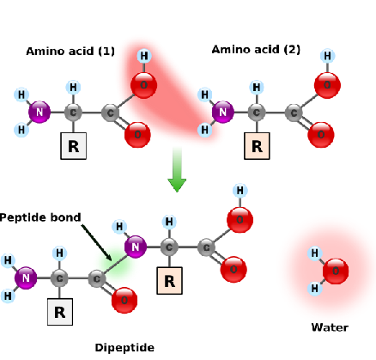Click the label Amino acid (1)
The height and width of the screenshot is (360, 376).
(70, 52)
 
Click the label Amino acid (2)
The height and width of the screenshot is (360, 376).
(256, 50)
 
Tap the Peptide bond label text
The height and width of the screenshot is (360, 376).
(40, 217)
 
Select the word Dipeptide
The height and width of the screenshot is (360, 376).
(124, 348)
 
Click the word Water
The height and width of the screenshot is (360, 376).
(330, 327)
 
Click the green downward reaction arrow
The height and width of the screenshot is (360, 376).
(177, 169)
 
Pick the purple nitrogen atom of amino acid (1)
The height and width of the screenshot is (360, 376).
(39, 112)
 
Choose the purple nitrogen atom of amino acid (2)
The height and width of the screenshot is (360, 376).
(222, 112)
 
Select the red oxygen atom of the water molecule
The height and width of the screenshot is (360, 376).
(336, 272)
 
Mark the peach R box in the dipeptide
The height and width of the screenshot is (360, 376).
(170, 280)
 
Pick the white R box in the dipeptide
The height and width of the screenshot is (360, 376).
(59, 311)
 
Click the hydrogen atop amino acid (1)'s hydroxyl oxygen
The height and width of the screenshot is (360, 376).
(143, 57)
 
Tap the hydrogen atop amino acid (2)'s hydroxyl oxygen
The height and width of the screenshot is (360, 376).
(327, 57)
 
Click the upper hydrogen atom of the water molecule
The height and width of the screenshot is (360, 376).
(315, 253)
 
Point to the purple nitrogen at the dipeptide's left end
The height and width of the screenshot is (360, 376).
(27, 277)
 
